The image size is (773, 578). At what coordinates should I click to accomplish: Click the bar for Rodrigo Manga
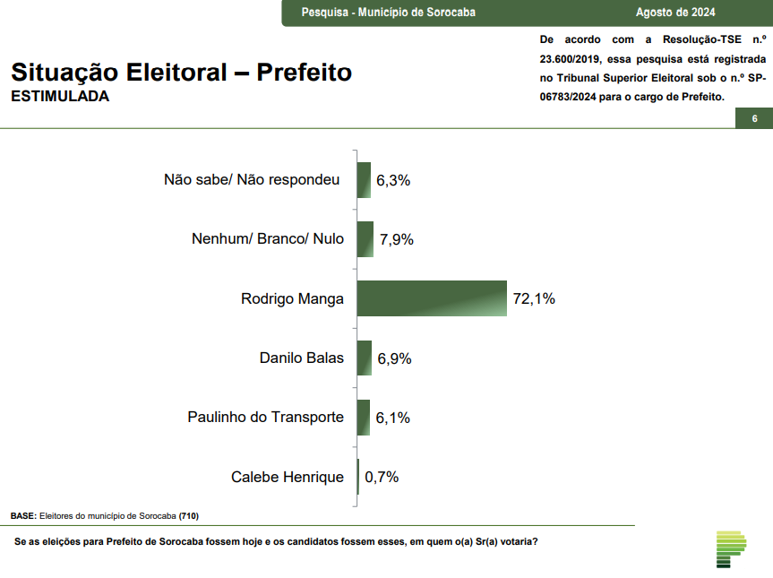coord(432,298)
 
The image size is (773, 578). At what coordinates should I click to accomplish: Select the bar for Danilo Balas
coord(365,358)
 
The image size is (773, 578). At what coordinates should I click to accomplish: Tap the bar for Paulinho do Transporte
coord(364,418)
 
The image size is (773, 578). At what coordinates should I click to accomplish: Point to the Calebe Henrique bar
coord(358,477)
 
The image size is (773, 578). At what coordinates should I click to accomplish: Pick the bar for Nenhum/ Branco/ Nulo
coord(365,239)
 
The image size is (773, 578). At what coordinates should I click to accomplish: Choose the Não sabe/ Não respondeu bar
coord(364,180)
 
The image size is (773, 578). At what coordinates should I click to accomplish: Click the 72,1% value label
coord(534,298)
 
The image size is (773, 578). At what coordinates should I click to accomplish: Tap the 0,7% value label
coord(381,477)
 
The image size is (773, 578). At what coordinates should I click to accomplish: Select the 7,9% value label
coord(396,239)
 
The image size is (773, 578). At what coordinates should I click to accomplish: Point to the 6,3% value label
coord(393,180)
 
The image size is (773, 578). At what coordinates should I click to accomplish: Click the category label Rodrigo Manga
coord(292,298)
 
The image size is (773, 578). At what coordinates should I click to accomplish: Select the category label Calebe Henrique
coord(287,477)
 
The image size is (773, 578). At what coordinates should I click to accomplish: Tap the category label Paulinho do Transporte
coord(265,418)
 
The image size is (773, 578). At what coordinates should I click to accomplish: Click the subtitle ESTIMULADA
coord(60,97)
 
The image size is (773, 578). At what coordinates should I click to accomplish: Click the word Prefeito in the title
coord(305,72)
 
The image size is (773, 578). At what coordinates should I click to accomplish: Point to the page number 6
coord(754,119)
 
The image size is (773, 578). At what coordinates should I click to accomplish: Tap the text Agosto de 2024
coord(675,13)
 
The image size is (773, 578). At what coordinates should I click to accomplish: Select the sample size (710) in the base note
coord(189,516)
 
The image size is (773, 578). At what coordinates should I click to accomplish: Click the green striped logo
coord(731,548)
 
